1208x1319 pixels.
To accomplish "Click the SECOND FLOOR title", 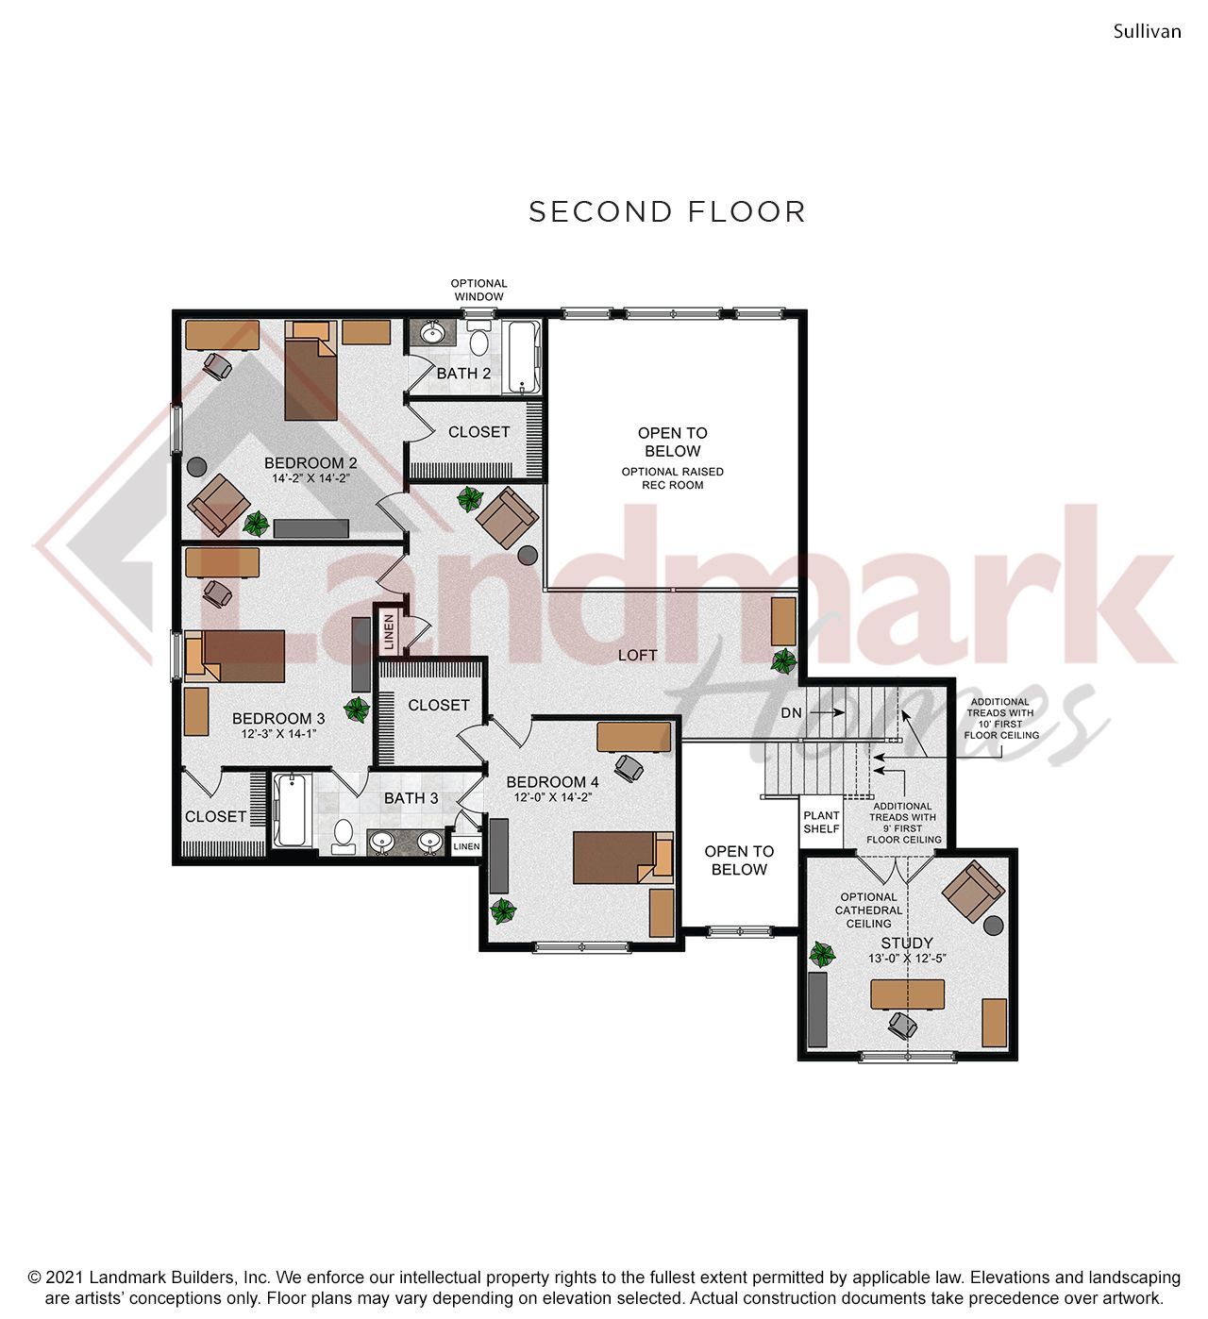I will pos(666,211).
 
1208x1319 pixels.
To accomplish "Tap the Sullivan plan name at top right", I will pos(1147,31).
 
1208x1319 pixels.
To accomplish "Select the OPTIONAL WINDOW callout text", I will pos(478,290).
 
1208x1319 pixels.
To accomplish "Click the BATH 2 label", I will pos(463,374).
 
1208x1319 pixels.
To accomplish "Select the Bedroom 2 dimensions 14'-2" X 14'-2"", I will pos(310,478).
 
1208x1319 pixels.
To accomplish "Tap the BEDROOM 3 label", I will pos(278,719).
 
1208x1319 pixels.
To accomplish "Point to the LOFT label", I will pos(637,655).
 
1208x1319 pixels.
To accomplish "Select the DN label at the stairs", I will pos(791,713).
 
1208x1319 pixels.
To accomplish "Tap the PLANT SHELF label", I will pos(821,822).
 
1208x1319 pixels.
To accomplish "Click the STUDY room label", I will pos(906,943).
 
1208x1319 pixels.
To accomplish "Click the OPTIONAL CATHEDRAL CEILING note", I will pos(868,910).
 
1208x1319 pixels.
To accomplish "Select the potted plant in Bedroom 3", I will pos(357,709).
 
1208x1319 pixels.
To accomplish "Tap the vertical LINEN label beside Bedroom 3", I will pos(388,633).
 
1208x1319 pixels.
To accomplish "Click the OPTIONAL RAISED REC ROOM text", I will pos(672,478).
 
